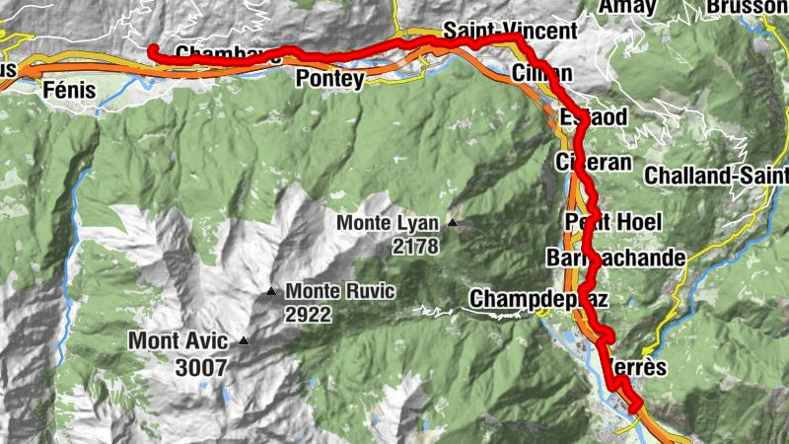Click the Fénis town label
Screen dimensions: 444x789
[69, 91]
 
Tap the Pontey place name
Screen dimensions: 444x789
[329, 79]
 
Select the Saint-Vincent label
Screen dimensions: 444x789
[510, 31]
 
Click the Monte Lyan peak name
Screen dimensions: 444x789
[390, 223]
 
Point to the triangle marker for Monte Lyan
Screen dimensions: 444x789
[453, 223]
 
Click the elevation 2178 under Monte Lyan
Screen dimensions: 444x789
[414, 247]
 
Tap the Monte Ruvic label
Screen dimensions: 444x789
[340, 291]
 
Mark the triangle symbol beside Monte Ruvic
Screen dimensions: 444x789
[271, 291]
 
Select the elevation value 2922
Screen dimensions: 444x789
[308, 315]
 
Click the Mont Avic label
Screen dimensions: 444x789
[179, 342]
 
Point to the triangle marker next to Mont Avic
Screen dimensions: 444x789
[244, 342]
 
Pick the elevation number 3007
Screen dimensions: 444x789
[203, 367]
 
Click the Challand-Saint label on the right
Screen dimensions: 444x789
[716, 176]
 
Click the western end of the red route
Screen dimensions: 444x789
[153, 50]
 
